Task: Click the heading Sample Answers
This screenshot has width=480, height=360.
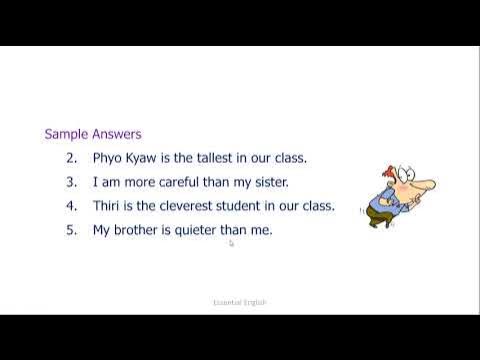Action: coord(93,133)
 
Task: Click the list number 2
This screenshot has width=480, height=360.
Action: coord(71,158)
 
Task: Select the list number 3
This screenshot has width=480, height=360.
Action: coord(71,182)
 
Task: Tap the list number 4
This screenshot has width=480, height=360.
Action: coord(71,206)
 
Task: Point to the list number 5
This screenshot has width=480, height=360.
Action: coord(71,230)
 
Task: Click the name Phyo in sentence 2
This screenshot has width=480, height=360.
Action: coord(109,158)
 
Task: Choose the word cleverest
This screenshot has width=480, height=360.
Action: coord(198,206)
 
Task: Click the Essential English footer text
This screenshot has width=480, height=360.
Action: coord(240,301)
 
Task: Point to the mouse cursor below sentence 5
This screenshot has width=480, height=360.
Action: coord(231,242)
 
